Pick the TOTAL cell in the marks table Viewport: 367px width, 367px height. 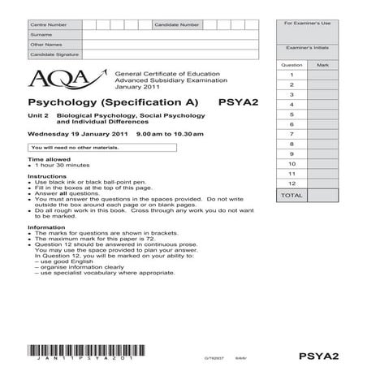[x=291, y=196]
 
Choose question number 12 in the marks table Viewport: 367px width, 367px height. [x=291, y=184]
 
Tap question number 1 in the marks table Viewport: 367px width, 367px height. [x=291, y=74]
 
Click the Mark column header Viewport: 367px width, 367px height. [x=322, y=63]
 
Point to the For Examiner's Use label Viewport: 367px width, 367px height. [x=307, y=25]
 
